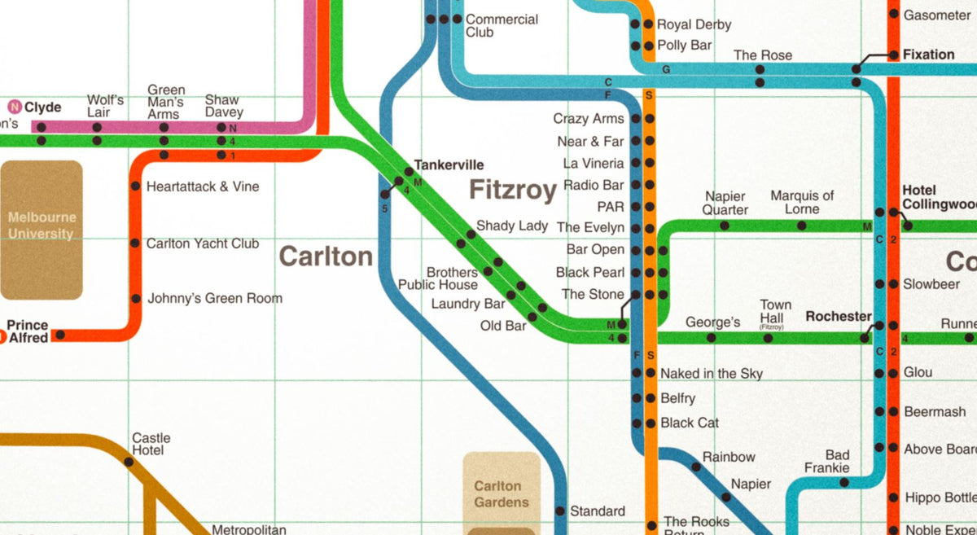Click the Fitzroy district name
coord(512,191)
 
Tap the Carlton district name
coord(326,257)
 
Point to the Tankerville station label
coord(449,164)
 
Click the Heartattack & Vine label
coord(203,186)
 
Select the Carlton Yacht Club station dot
coord(134,243)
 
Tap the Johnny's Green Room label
coord(215,299)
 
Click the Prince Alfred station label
coord(28,331)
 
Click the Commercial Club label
coord(502,26)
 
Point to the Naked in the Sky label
coord(712,374)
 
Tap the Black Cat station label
coord(690,423)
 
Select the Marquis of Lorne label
coord(802,203)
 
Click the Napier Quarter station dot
coord(725,226)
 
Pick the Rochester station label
coord(838,316)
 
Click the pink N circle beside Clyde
coord(14,107)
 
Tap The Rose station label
coord(762,55)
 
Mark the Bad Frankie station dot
coord(844,483)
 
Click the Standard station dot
coord(559,511)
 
